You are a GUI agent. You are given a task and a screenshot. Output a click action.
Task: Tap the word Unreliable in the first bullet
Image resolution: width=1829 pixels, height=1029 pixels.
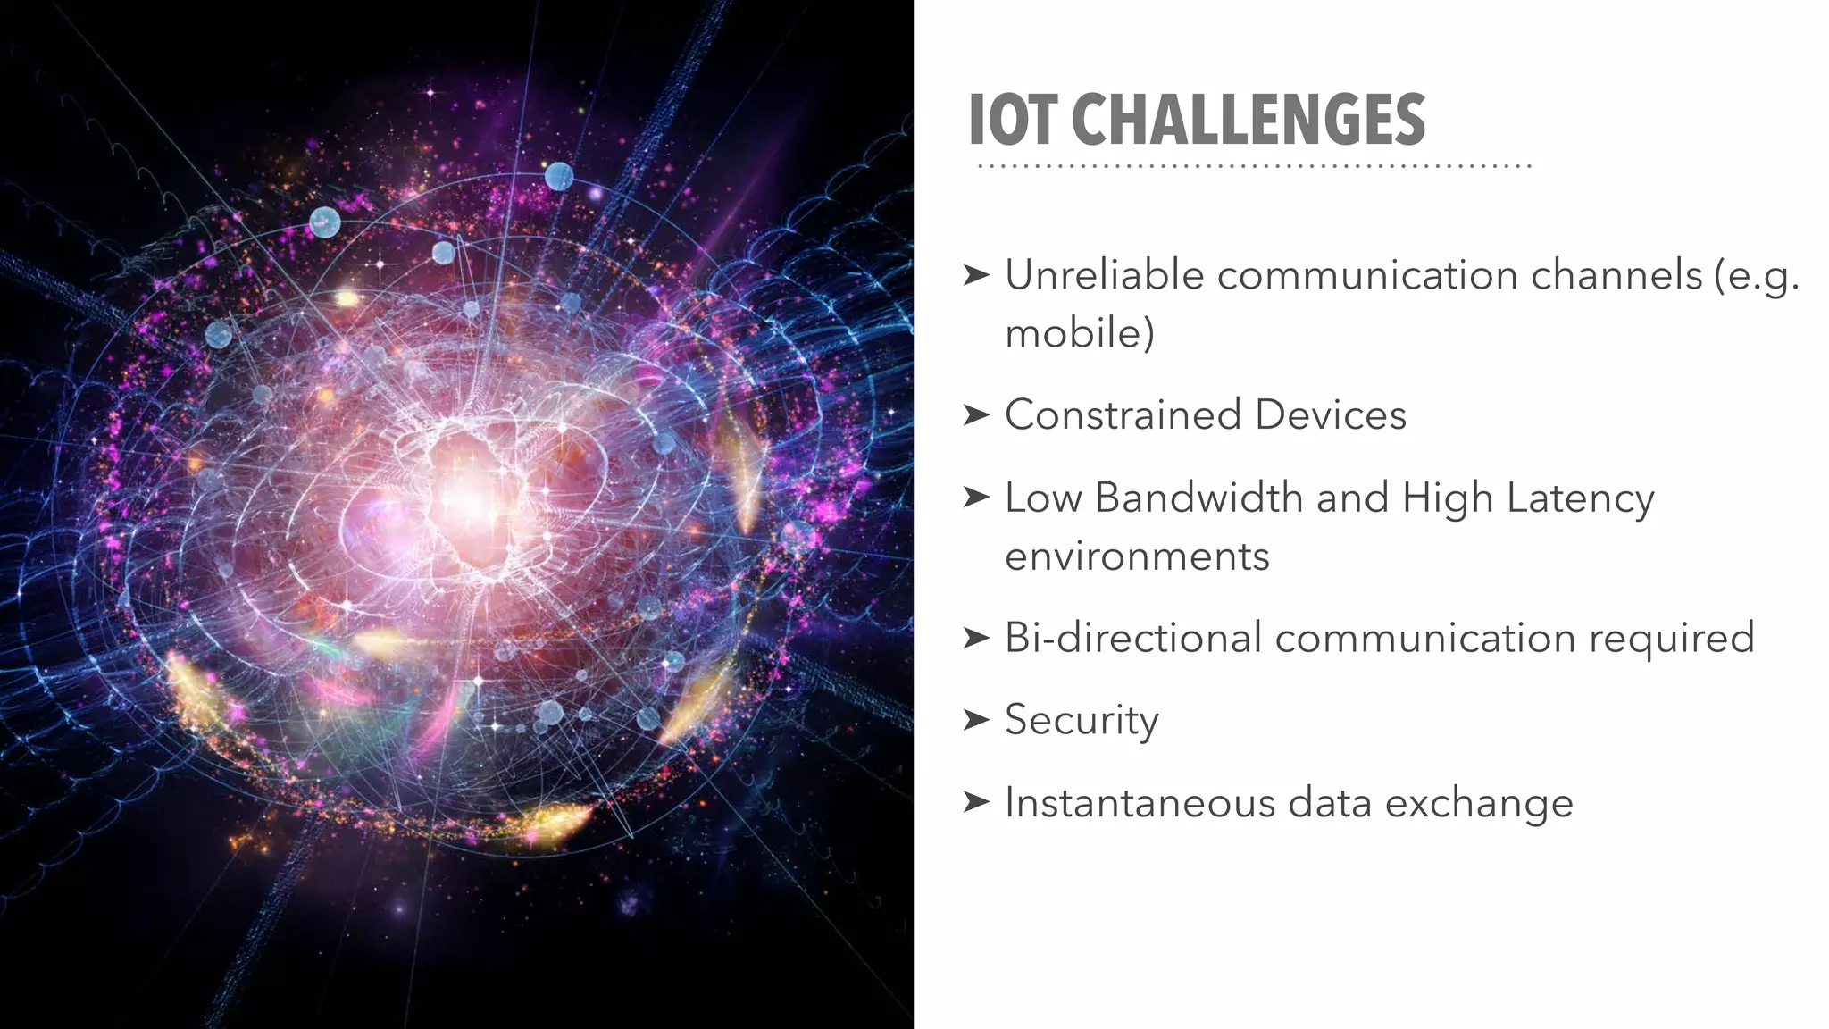pyautogui.click(x=1105, y=275)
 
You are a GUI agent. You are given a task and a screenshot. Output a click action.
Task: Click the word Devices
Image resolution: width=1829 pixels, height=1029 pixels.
pyautogui.click(x=1330, y=415)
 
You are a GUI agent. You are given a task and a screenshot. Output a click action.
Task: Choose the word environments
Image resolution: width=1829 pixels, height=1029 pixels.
pyautogui.click(x=1136, y=556)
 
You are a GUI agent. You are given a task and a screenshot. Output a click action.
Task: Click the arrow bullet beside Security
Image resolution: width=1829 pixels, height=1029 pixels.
pyautogui.click(x=976, y=719)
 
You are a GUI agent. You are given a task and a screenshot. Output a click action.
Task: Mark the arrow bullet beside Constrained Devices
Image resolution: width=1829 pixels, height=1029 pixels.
pyautogui.click(x=976, y=414)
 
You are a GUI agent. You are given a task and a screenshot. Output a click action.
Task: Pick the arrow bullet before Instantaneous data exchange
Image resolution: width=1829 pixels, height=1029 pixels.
pyautogui.click(x=976, y=801)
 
